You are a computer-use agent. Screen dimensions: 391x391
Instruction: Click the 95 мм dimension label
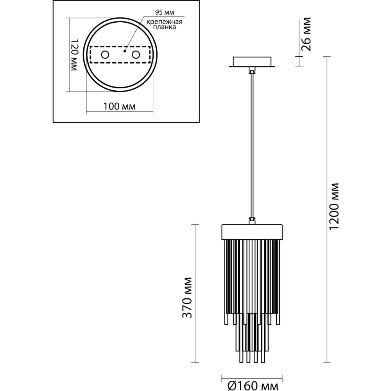click(164, 12)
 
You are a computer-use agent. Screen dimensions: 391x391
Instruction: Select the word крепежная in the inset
click(164, 22)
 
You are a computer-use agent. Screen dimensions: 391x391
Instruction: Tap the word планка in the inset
click(164, 27)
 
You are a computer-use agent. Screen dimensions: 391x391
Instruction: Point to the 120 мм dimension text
click(74, 55)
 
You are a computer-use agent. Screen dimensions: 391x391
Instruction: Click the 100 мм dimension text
click(119, 106)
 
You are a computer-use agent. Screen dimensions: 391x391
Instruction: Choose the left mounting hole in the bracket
click(105, 55)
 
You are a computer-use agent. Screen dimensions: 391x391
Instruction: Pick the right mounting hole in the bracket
click(136, 55)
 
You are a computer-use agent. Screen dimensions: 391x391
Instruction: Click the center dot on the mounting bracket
click(124, 51)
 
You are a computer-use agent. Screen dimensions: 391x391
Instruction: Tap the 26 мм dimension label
click(306, 34)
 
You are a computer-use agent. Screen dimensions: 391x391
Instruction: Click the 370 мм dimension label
click(187, 298)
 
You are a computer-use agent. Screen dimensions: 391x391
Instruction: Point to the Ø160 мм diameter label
click(253, 386)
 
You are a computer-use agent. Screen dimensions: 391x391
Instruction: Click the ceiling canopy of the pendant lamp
click(252, 62)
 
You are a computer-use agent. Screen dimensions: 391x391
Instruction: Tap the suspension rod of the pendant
click(252, 146)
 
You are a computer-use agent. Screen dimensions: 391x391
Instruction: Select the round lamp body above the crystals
click(252, 232)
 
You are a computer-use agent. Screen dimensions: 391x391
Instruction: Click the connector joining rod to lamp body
click(252, 221)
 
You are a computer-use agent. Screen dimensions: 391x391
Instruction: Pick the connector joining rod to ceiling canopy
click(252, 70)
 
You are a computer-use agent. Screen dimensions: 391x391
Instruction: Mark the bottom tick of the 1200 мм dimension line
click(327, 362)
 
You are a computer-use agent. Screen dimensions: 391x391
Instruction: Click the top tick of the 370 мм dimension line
click(195, 224)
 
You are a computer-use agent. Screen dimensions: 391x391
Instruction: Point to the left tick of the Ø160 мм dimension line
click(222, 377)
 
